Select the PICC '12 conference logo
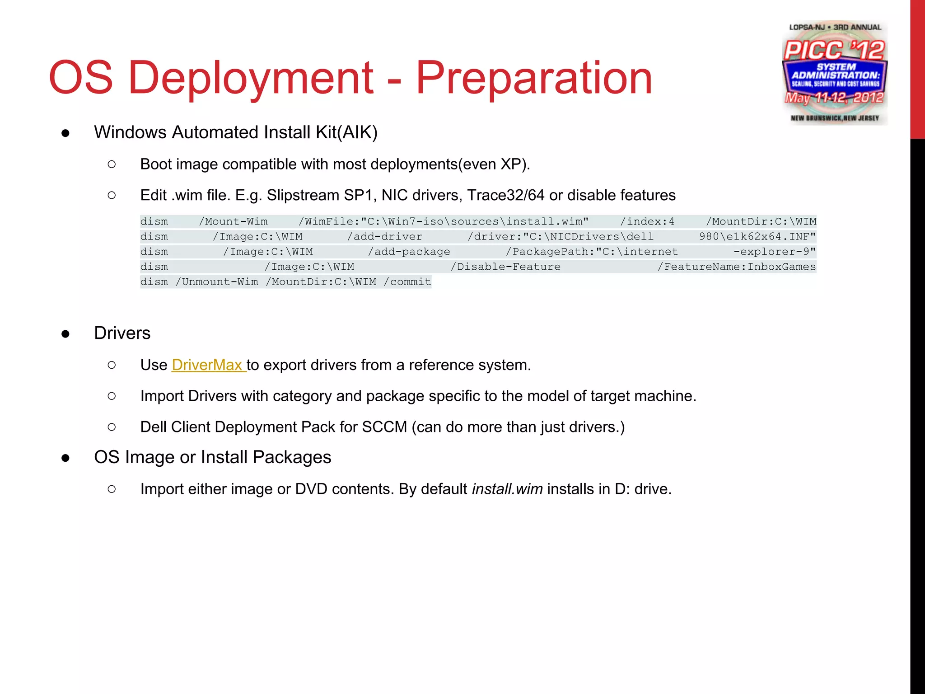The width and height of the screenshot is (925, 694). (x=835, y=72)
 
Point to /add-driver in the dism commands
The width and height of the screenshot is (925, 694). (x=384, y=236)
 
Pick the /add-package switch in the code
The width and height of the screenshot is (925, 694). (x=409, y=252)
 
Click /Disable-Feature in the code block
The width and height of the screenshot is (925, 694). (x=505, y=267)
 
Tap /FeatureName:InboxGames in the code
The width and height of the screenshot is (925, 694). (x=736, y=267)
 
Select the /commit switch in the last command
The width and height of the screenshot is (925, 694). (x=407, y=282)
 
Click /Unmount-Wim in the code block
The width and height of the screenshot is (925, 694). (x=217, y=282)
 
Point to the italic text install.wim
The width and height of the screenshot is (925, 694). (x=507, y=489)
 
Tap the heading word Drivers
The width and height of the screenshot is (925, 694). (x=122, y=333)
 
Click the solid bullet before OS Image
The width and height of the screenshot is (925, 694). (x=65, y=458)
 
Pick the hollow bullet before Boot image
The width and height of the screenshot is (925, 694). (x=112, y=164)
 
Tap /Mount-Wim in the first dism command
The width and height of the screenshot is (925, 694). (x=233, y=221)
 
